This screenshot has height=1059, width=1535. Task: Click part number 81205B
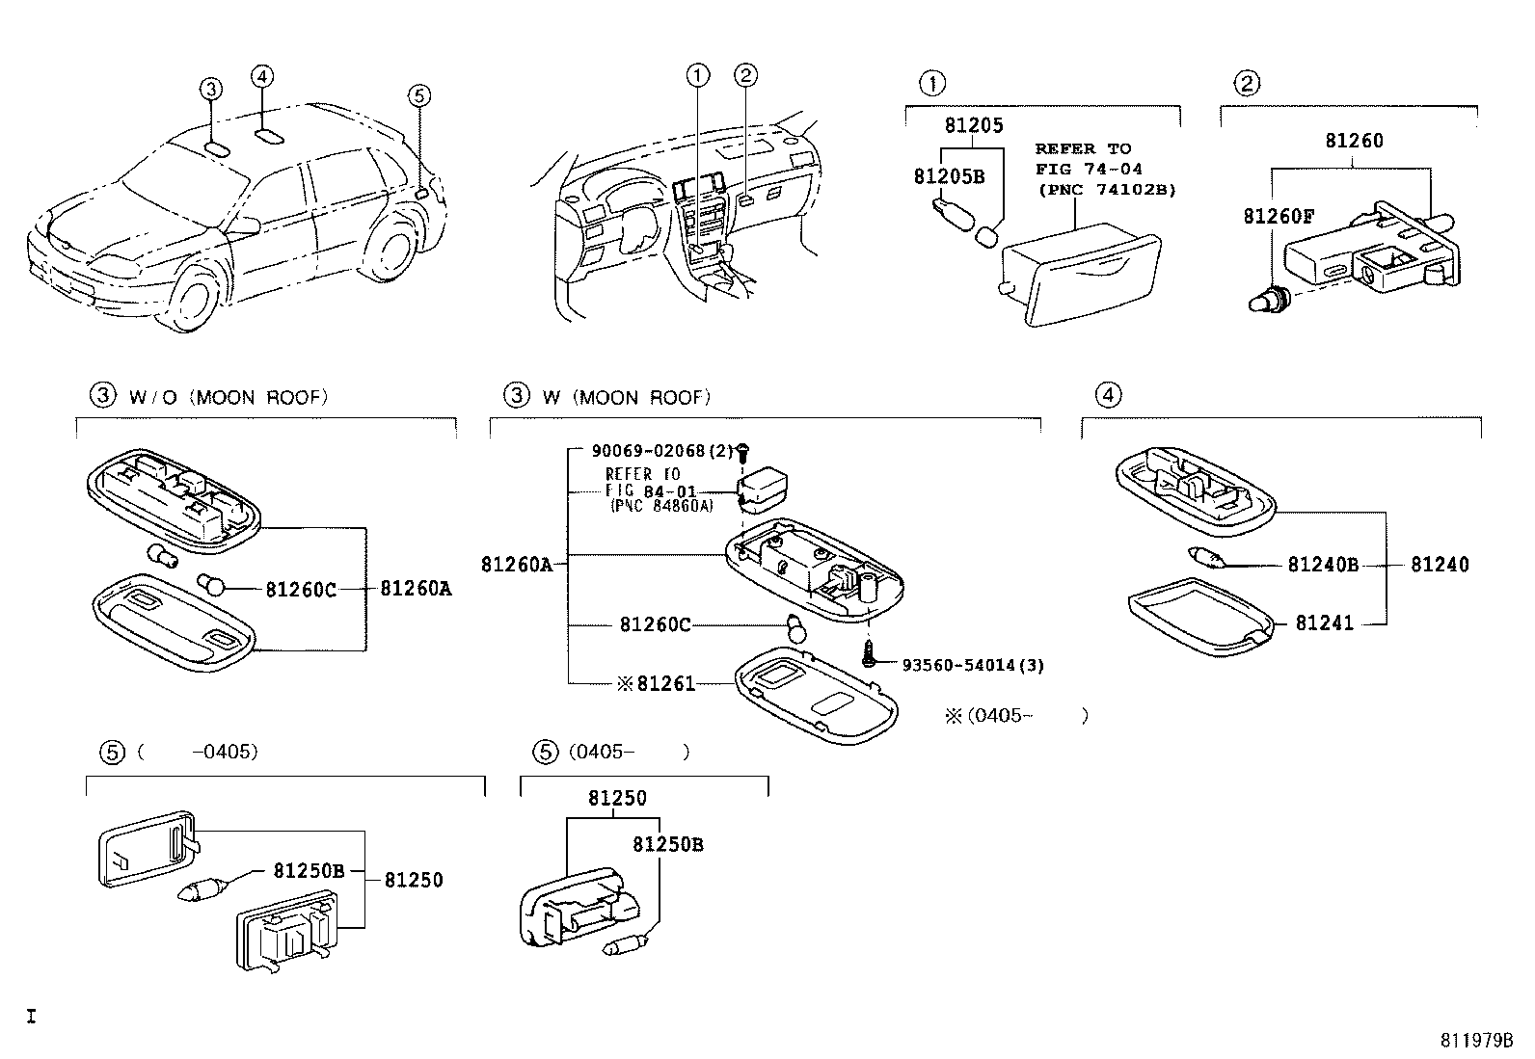pos(949,177)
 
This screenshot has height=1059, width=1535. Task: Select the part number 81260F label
pos(1279,217)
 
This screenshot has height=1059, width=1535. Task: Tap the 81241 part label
pos(1324,623)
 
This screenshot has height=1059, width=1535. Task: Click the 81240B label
pos(1322,566)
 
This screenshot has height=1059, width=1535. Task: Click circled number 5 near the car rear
pos(417,94)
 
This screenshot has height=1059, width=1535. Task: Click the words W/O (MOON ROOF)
pos(228,397)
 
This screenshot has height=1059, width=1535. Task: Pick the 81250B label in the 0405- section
pos(667,845)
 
